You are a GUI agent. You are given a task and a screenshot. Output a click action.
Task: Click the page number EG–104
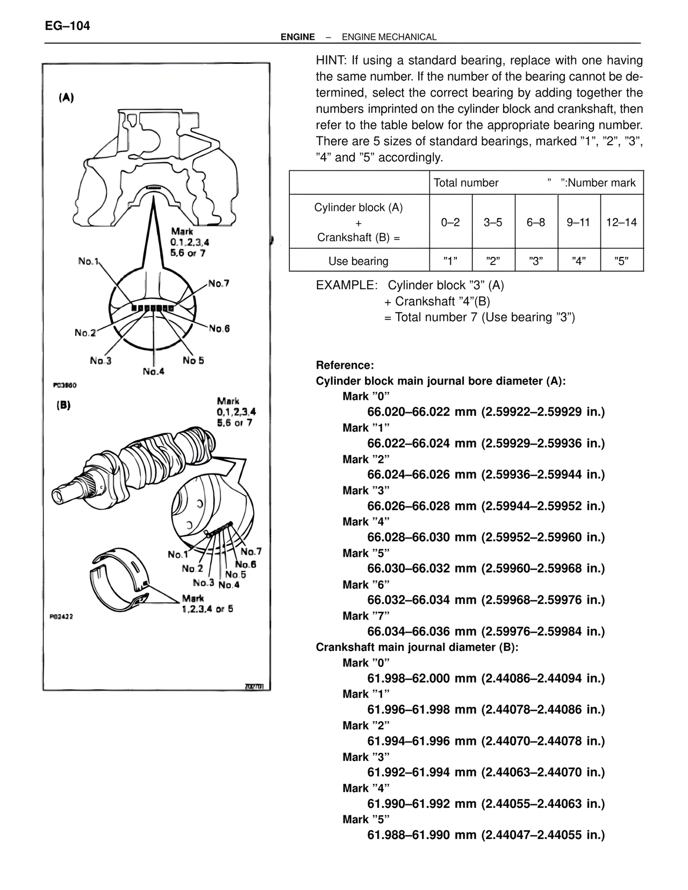[x=68, y=26]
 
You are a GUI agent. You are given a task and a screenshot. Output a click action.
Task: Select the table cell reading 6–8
[x=536, y=222]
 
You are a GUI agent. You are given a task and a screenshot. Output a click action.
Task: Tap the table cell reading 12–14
[x=621, y=222]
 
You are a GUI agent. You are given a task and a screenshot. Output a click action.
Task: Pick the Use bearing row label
[x=359, y=261]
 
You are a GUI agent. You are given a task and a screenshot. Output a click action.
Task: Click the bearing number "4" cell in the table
[x=579, y=261]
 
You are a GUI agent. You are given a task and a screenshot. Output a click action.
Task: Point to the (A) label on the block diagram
[x=66, y=98]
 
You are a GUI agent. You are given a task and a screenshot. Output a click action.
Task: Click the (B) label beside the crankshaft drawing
[x=64, y=405]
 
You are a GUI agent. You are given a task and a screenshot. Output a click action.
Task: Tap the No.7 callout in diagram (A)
[x=219, y=283]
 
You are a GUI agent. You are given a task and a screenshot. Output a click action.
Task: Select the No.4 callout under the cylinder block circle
[x=154, y=371]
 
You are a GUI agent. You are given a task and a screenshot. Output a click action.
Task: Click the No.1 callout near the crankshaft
[x=178, y=554]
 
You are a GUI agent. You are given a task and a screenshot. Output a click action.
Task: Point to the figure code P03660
[x=65, y=385]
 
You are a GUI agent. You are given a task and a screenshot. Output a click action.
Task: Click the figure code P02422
[x=61, y=616]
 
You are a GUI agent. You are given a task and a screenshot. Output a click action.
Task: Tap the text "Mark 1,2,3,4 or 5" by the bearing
[x=207, y=604]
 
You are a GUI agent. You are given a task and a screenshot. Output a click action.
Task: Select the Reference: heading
[x=345, y=365]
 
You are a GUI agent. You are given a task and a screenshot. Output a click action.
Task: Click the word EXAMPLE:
[x=346, y=285]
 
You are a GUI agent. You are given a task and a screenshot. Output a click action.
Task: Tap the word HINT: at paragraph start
[x=332, y=60]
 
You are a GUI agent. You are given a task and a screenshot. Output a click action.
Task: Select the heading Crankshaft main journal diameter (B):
[x=417, y=647]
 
